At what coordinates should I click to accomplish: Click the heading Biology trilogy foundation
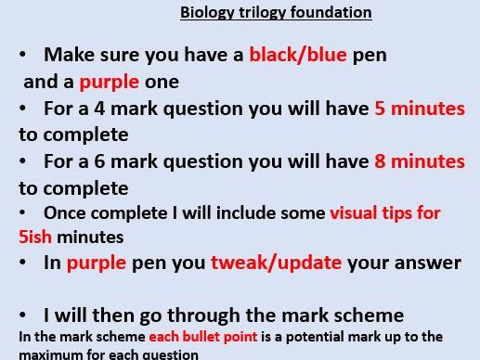(x=275, y=13)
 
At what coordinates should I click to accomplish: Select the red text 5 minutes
(x=419, y=109)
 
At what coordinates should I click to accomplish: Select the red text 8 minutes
(x=419, y=161)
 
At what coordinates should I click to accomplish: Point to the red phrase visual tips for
(x=385, y=213)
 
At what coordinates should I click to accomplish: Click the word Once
(x=63, y=213)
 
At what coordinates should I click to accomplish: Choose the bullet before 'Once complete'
(x=23, y=213)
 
